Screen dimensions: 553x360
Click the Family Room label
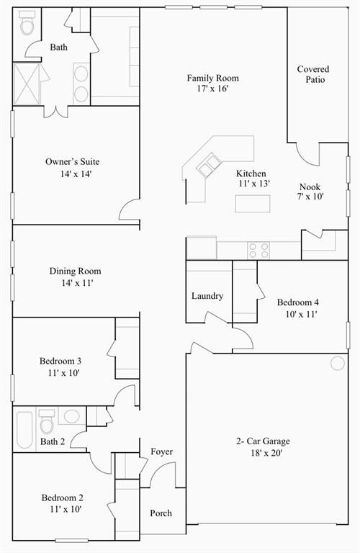(212, 78)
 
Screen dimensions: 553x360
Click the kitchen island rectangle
(253, 204)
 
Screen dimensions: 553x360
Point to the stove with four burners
(258, 250)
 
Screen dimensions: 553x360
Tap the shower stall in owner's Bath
(27, 83)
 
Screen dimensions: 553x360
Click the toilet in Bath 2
(48, 421)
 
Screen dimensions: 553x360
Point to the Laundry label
(207, 296)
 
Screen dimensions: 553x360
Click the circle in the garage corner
(338, 363)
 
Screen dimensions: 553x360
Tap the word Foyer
(161, 451)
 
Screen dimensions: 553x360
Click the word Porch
(161, 513)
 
